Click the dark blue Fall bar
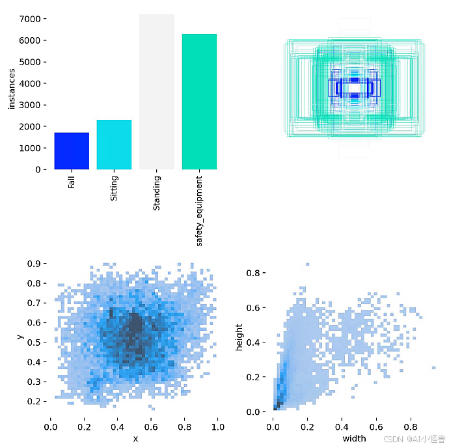72,151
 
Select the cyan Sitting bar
114,145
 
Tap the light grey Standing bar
157,92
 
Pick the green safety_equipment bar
199,102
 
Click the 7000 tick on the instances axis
34,19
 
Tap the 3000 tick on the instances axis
34,105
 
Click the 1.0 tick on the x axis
218,427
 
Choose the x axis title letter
135,439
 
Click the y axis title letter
21,337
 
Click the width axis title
354,439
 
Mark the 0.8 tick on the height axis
257,272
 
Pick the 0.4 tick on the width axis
342,427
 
